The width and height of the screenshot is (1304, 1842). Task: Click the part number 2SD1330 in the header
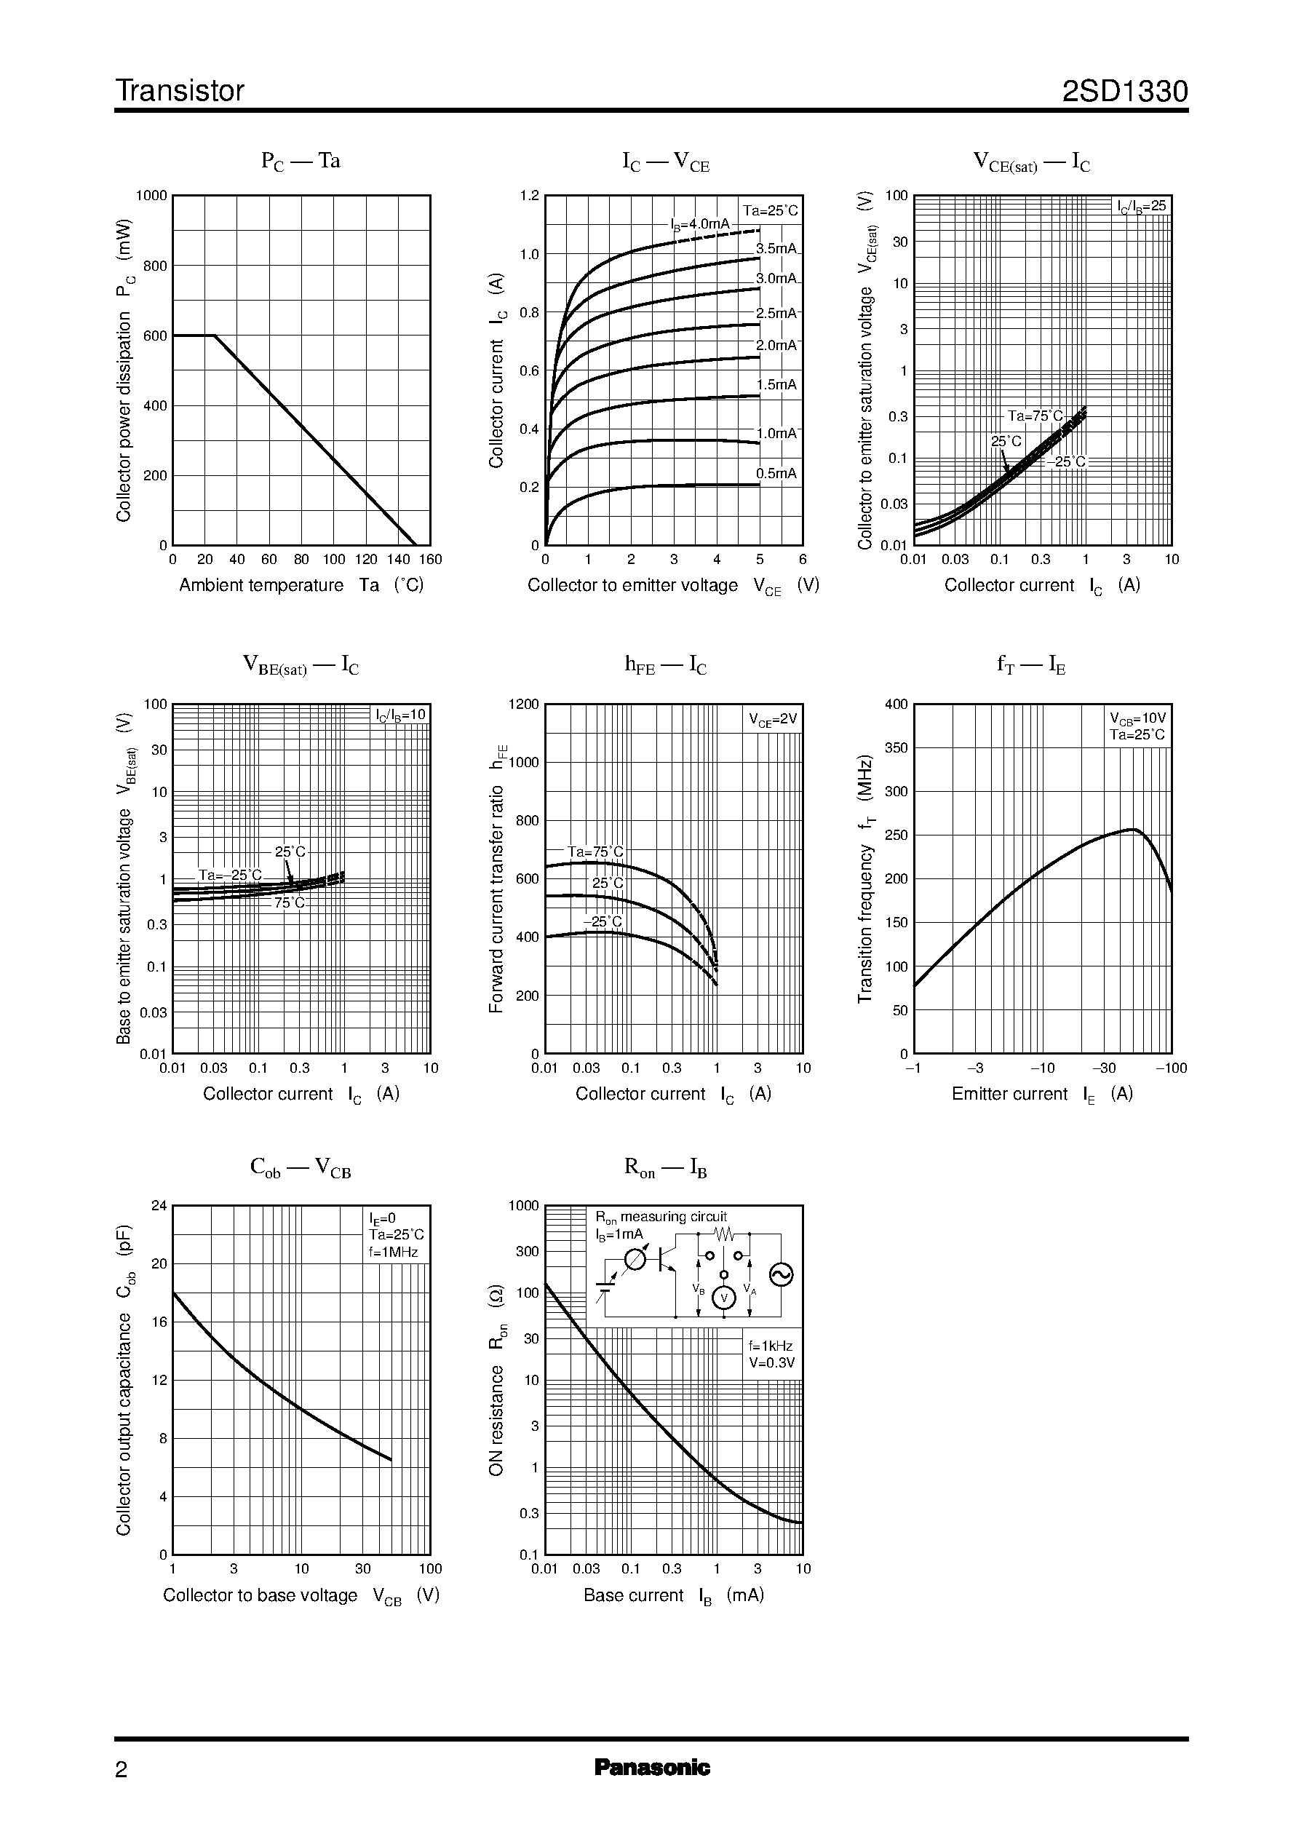(x=1124, y=92)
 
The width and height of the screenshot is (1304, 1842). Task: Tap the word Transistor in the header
(x=180, y=92)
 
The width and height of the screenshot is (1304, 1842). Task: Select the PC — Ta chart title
(x=301, y=161)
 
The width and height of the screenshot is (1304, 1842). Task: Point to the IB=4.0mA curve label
(x=700, y=224)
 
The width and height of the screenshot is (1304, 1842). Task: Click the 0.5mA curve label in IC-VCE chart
(x=776, y=473)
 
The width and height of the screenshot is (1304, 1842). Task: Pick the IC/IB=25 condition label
(x=1142, y=207)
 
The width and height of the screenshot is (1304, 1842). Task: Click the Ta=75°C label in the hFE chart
(x=595, y=852)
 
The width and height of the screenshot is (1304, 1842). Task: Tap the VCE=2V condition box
(x=773, y=720)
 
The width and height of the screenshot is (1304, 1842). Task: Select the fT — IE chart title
(x=1031, y=665)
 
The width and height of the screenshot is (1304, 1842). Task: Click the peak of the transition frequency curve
(x=1134, y=829)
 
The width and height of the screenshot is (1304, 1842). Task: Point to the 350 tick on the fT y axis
(x=896, y=747)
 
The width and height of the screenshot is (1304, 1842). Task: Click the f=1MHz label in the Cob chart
(x=394, y=1252)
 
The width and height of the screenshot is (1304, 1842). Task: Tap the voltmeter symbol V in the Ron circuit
(x=724, y=1298)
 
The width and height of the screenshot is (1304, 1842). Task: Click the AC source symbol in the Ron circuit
(x=781, y=1274)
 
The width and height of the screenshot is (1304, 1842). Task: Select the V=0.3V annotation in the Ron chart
(x=771, y=1362)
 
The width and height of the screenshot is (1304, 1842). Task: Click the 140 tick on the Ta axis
(x=398, y=560)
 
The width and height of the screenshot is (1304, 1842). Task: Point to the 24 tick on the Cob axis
(x=159, y=1205)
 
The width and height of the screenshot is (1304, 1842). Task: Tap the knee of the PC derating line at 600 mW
(x=215, y=336)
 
